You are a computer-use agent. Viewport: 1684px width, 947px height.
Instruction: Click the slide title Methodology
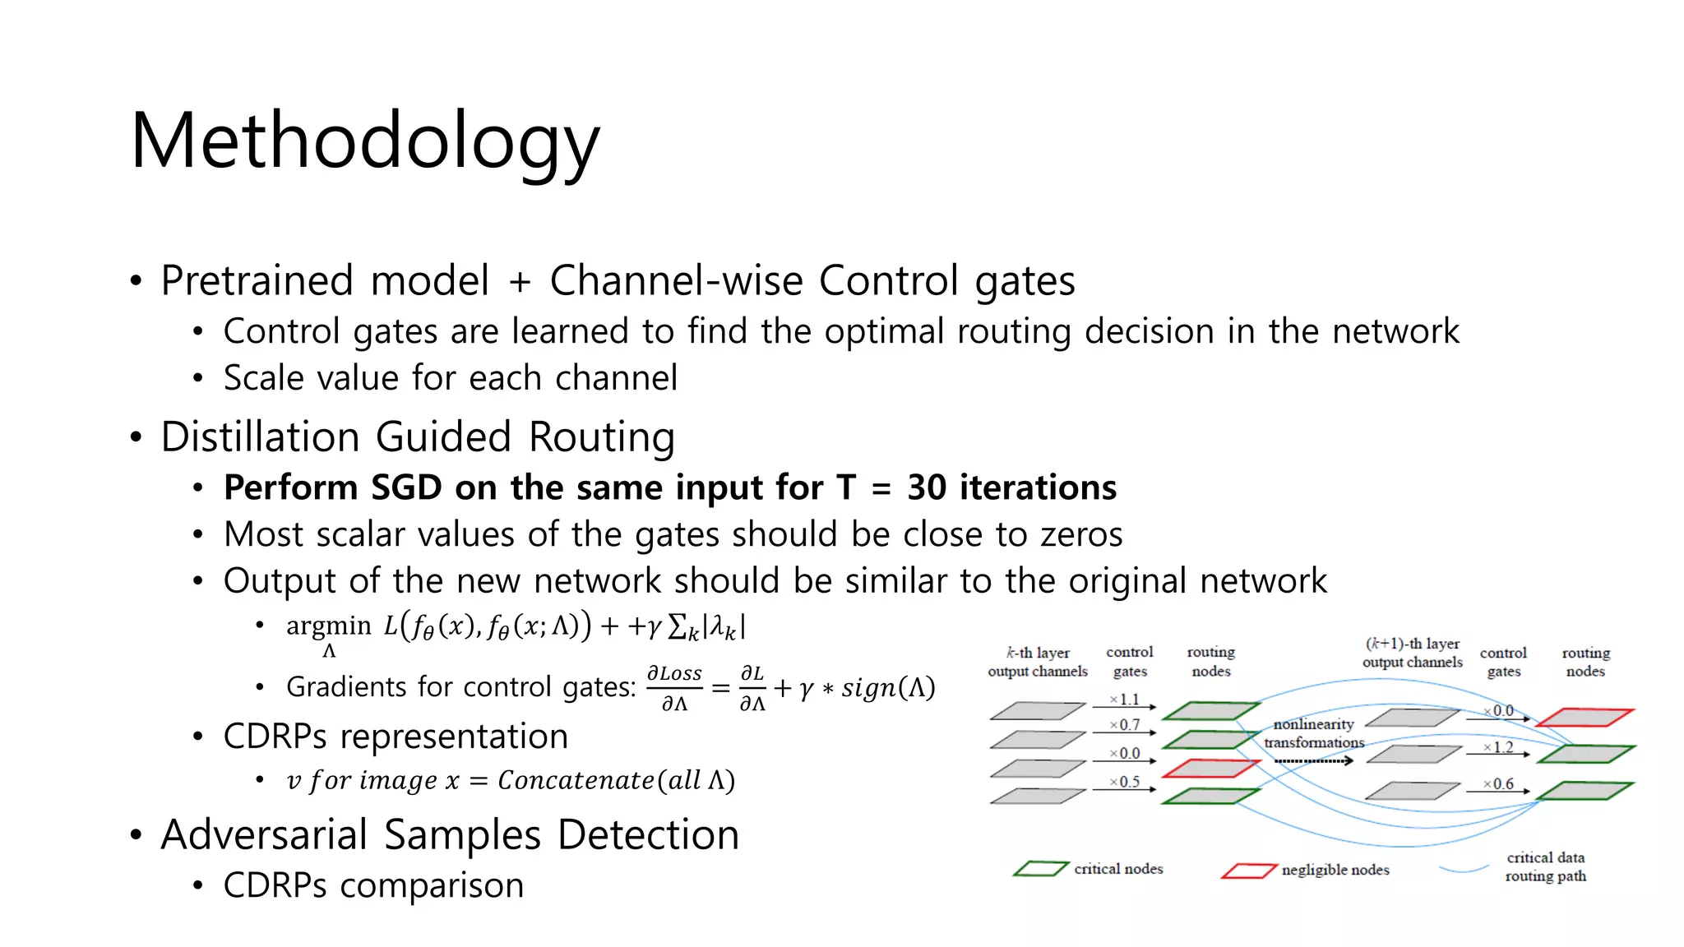tap(365, 141)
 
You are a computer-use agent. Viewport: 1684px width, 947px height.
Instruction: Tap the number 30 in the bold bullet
tap(927, 488)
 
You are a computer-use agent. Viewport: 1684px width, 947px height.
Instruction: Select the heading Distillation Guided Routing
tap(418, 437)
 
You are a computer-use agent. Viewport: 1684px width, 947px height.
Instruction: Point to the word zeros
tap(1081, 535)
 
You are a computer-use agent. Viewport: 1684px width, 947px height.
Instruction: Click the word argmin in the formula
tap(329, 626)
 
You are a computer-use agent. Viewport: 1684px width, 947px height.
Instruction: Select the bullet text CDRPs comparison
tap(373, 886)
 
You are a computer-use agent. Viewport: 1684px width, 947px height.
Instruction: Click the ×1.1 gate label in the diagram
tap(1124, 700)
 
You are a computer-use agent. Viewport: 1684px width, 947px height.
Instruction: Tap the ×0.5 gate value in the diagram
tap(1124, 782)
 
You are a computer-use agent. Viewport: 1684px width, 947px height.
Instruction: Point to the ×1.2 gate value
tap(1498, 747)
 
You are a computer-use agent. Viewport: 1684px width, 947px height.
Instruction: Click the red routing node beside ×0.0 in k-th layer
tap(1210, 769)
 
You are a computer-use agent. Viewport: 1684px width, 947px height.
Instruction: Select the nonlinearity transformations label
tap(1314, 733)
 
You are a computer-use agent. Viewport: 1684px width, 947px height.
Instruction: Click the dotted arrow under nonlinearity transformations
tap(1313, 761)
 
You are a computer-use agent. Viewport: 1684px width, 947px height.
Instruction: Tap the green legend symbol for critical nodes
tap(1041, 869)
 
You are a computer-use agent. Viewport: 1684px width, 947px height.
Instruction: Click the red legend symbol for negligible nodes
tap(1248, 871)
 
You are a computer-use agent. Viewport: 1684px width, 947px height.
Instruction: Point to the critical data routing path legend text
tap(1545, 866)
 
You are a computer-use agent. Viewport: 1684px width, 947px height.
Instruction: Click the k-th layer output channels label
tap(1038, 662)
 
